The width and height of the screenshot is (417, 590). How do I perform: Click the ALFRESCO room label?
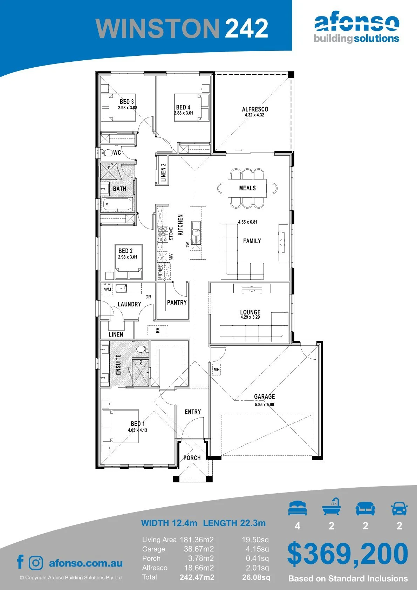pos(255,109)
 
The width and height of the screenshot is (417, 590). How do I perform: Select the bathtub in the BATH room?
pos(117,204)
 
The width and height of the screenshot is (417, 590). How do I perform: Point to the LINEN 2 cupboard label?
pos(163,172)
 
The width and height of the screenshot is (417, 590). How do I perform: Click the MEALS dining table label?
pos(247,188)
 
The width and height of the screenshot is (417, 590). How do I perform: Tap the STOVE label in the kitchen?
pos(171,233)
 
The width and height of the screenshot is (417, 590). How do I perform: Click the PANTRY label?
pos(177,303)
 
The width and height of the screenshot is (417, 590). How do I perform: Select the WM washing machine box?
pos(108,289)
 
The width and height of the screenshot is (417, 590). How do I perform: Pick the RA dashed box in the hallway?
pos(158,330)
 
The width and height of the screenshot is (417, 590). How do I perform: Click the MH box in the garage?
pos(217,369)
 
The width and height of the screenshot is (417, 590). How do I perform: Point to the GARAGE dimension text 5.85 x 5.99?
pos(264,404)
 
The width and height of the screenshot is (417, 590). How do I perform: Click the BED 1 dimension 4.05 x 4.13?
pos(137,430)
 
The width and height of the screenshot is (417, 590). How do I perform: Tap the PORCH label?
pos(192,458)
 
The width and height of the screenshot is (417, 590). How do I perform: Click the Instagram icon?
pos(36,563)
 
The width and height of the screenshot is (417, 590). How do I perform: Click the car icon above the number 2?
pos(399,508)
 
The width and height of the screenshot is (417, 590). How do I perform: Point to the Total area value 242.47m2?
pos(197,577)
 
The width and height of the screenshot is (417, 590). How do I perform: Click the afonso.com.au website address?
pos(86,563)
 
